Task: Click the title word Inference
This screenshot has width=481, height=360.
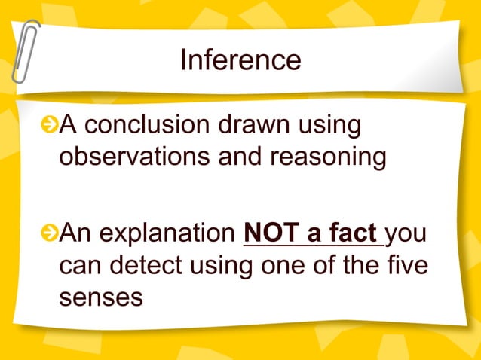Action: (x=240, y=59)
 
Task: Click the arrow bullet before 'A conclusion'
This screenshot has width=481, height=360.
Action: (x=50, y=125)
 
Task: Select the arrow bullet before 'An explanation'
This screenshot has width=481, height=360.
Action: (x=50, y=233)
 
